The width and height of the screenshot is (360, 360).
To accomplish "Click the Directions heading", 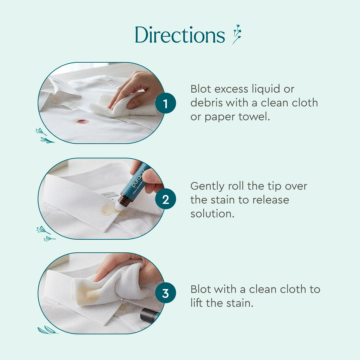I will (x=180, y=35).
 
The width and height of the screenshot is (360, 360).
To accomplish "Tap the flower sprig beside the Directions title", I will (x=237, y=34).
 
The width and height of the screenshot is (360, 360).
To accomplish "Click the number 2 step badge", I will (x=165, y=199).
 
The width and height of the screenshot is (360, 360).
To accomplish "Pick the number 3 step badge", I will (x=165, y=294).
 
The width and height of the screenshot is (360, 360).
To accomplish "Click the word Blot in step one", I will (x=201, y=89).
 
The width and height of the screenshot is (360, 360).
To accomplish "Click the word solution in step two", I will (x=212, y=214).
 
